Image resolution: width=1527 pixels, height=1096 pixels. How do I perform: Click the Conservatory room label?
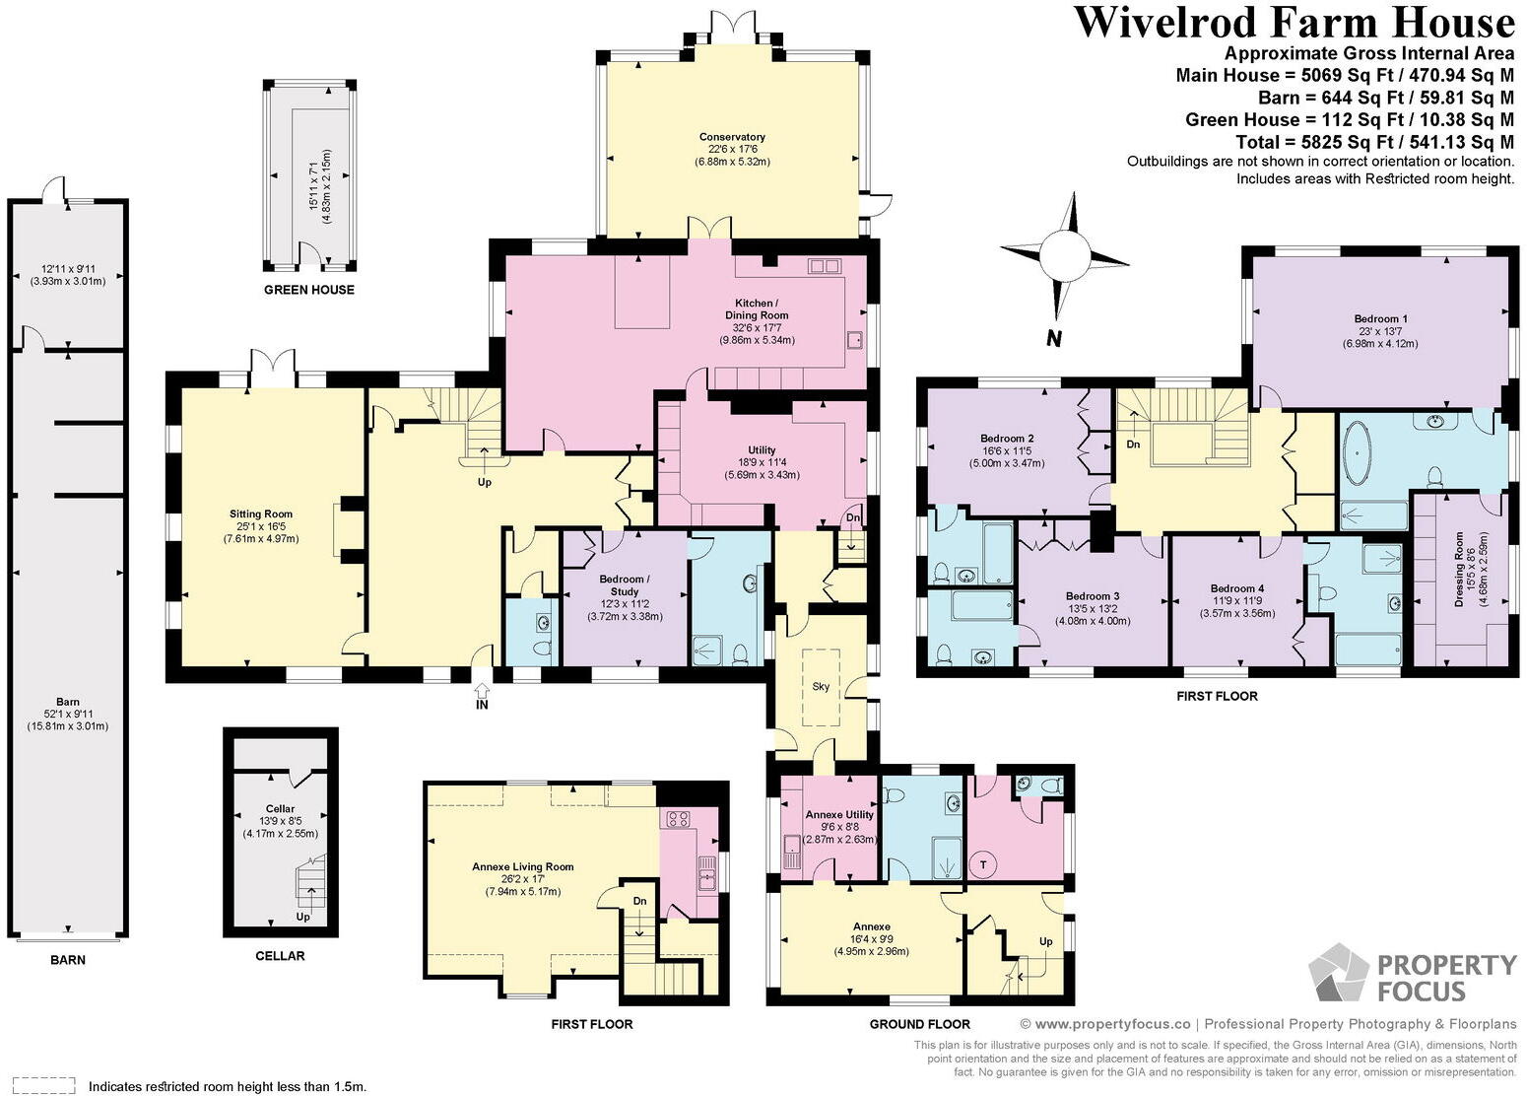tap(732, 137)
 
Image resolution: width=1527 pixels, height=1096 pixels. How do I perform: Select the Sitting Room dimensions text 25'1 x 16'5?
tap(261, 526)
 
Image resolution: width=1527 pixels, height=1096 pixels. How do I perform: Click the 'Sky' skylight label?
tap(822, 687)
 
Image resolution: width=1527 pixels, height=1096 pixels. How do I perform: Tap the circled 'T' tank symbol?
tap(982, 864)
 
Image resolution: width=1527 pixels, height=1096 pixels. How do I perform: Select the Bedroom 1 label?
tap(1380, 318)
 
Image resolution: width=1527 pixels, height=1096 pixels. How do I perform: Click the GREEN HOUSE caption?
tap(309, 290)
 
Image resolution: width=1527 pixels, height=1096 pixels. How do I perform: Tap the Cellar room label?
tap(280, 808)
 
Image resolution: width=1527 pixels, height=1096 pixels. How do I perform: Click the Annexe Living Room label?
tap(522, 866)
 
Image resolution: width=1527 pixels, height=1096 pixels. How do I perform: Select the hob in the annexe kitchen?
tap(679, 818)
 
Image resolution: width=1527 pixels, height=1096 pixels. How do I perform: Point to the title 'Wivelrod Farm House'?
tap(1293, 24)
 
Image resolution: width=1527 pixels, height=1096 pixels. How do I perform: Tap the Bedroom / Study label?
tap(624, 585)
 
